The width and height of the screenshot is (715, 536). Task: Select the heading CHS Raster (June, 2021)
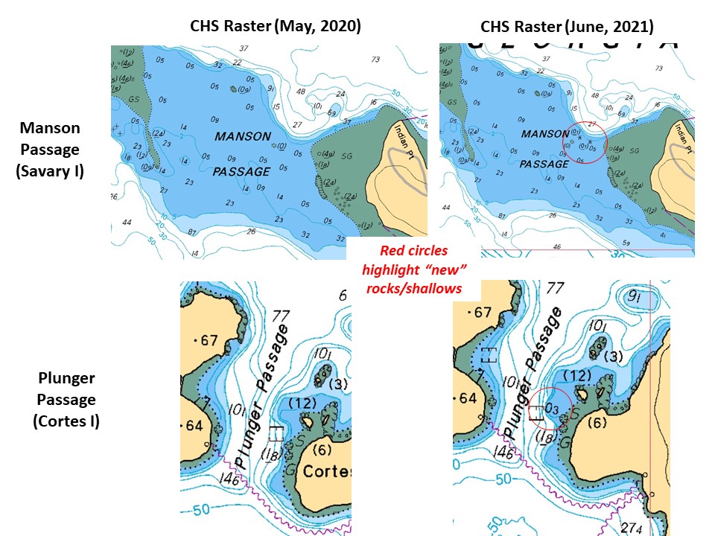[x=567, y=27]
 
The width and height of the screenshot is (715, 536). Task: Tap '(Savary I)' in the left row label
[x=50, y=170]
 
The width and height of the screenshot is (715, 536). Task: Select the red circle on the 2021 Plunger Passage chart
[x=552, y=410]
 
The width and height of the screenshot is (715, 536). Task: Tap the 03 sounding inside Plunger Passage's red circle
[x=551, y=408]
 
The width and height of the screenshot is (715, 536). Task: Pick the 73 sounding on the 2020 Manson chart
[x=375, y=60]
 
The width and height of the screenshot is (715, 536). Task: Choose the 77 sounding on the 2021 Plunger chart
[x=554, y=289]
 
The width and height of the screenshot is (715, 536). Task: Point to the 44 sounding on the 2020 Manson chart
[x=127, y=222]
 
